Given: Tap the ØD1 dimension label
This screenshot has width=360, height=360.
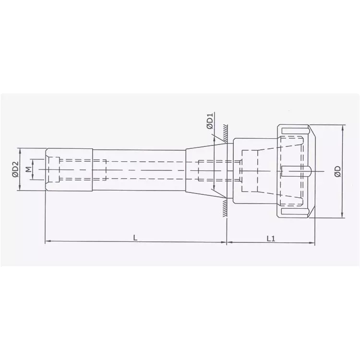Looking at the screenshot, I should (210, 120).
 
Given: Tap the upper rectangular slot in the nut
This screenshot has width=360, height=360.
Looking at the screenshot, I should (293, 131).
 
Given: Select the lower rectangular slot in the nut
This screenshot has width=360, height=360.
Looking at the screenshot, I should (293, 212).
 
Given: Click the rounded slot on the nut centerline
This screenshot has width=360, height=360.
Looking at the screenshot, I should (298, 170).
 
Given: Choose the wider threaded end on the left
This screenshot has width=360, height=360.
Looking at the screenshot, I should (70, 170).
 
